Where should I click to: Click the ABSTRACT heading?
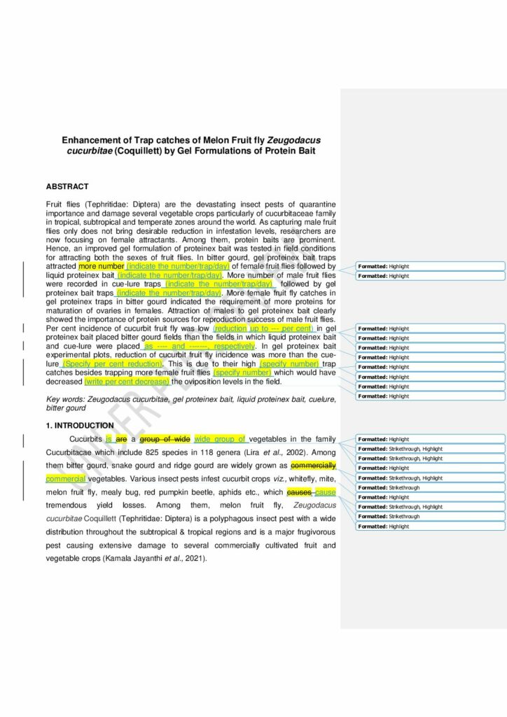tap(67, 187)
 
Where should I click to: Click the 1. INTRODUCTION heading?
tap(80, 425)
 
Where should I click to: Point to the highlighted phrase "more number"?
tap(102, 267)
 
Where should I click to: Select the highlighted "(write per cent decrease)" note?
tap(127, 382)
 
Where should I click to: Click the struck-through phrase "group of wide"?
tap(165, 439)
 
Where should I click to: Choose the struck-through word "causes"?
tap(300, 492)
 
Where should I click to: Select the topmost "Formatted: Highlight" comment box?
tap(430, 267)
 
